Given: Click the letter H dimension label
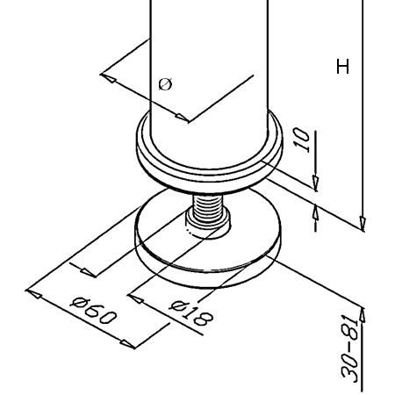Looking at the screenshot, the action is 342,67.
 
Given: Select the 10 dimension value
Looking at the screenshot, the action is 302,140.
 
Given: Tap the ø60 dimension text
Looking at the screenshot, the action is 94,311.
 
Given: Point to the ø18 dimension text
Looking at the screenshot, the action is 191,313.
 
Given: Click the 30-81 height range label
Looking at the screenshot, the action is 350,348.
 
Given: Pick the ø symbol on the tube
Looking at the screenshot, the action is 165,84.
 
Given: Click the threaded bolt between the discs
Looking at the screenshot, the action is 207,208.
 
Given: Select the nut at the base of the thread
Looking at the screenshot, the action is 208,226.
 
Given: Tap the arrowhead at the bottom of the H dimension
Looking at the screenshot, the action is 363,224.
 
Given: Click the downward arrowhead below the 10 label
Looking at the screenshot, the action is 315,183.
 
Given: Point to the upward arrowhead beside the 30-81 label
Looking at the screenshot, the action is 363,314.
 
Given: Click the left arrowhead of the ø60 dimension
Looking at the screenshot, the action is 33,293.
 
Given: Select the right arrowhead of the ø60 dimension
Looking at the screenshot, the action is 128,344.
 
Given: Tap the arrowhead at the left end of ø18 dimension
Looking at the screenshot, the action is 135,298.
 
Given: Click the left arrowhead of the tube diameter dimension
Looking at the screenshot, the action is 108,77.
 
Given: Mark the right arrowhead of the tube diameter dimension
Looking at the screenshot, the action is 182,118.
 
